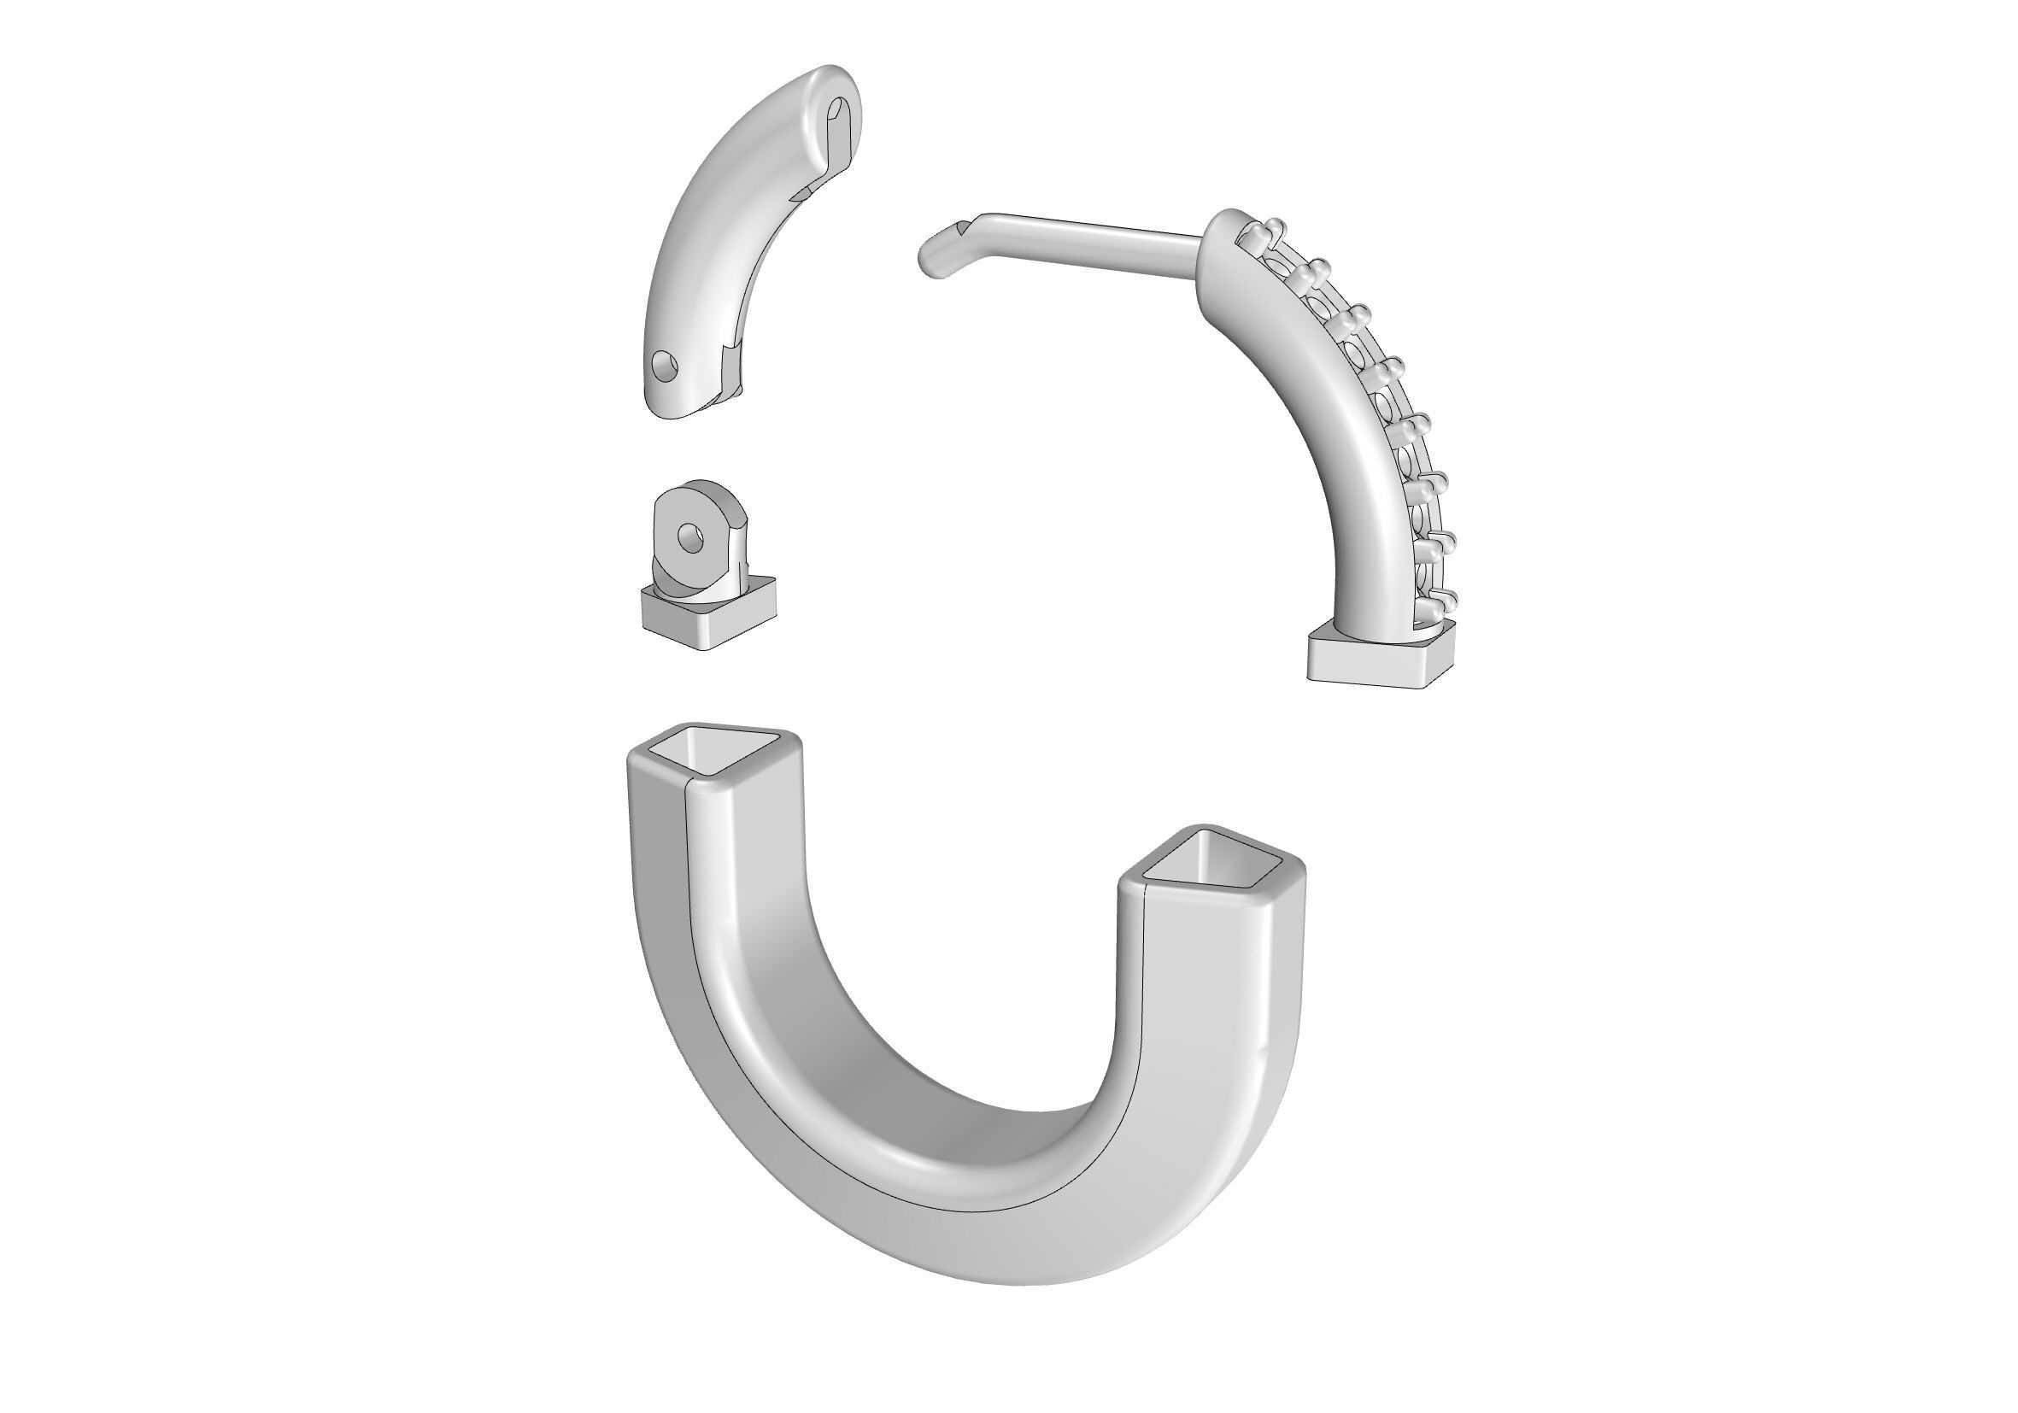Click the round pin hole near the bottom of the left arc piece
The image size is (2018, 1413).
click(666, 366)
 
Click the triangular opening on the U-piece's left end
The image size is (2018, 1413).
click(713, 748)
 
